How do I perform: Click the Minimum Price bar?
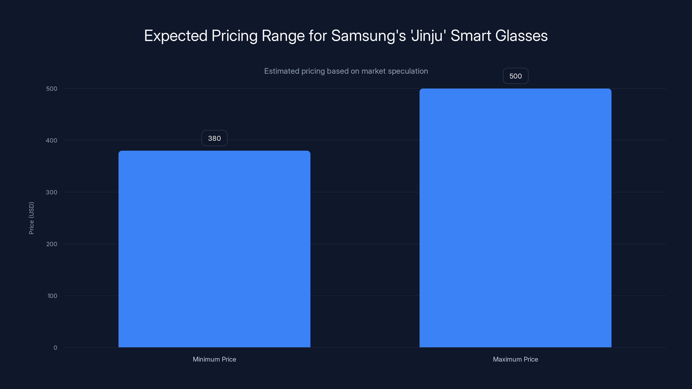(x=214, y=249)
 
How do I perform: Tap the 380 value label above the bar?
(x=214, y=138)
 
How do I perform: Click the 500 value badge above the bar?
(x=515, y=76)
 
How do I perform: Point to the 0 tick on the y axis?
(x=55, y=348)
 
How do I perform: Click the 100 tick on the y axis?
(x=52, y=296)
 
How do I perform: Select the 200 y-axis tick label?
(x=52, y=244)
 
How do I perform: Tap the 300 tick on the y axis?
(x=52, y=192)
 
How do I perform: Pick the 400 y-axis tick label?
(x=52, y=140)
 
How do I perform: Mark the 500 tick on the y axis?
(x=52, y=89)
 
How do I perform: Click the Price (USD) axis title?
(x=31, y=218)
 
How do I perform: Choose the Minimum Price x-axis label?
(x=214, y=359)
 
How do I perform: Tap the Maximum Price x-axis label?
(x=515, y=359)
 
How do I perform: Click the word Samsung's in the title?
(x=368, y=36)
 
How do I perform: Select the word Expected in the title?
(x=176, y=36)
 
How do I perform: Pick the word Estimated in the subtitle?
(x=282, y=71)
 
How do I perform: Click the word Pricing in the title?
(x=234, y=36)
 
